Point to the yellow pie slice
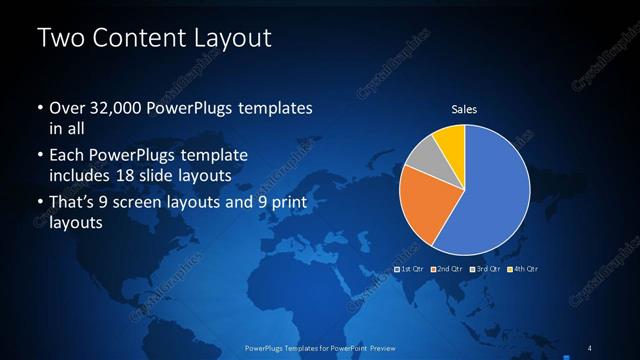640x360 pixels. (451, 143)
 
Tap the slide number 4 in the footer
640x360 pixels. (590, 348)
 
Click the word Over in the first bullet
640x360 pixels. (66, 107)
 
